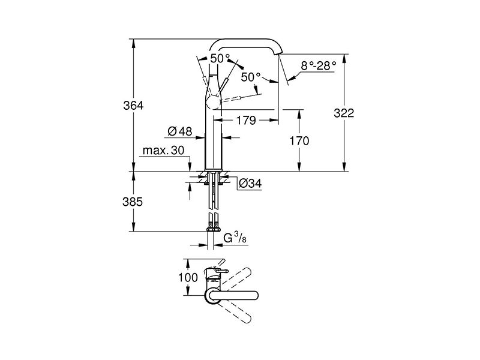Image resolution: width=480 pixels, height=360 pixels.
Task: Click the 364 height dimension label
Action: [133, 106]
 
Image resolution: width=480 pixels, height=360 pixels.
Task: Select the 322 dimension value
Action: [344, 113]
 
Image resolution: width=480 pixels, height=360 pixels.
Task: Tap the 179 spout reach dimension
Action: [246, 121]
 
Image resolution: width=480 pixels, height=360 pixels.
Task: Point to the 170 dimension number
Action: [299, 141]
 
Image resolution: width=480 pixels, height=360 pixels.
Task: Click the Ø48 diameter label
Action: [180, 131]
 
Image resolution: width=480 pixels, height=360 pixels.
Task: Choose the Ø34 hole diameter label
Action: [250, 184]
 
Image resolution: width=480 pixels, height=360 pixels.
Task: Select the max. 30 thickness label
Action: [163, 151]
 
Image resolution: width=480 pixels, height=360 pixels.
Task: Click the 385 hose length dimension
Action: [133, 202]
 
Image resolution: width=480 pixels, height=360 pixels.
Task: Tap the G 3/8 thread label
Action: [235, 238]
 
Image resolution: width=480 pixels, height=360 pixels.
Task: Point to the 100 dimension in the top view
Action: [188, 277]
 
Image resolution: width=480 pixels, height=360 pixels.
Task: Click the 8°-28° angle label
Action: [319, 66]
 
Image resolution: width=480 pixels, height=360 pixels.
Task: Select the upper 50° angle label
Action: [220, 58]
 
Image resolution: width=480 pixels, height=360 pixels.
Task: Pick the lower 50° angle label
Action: [251, 77]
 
